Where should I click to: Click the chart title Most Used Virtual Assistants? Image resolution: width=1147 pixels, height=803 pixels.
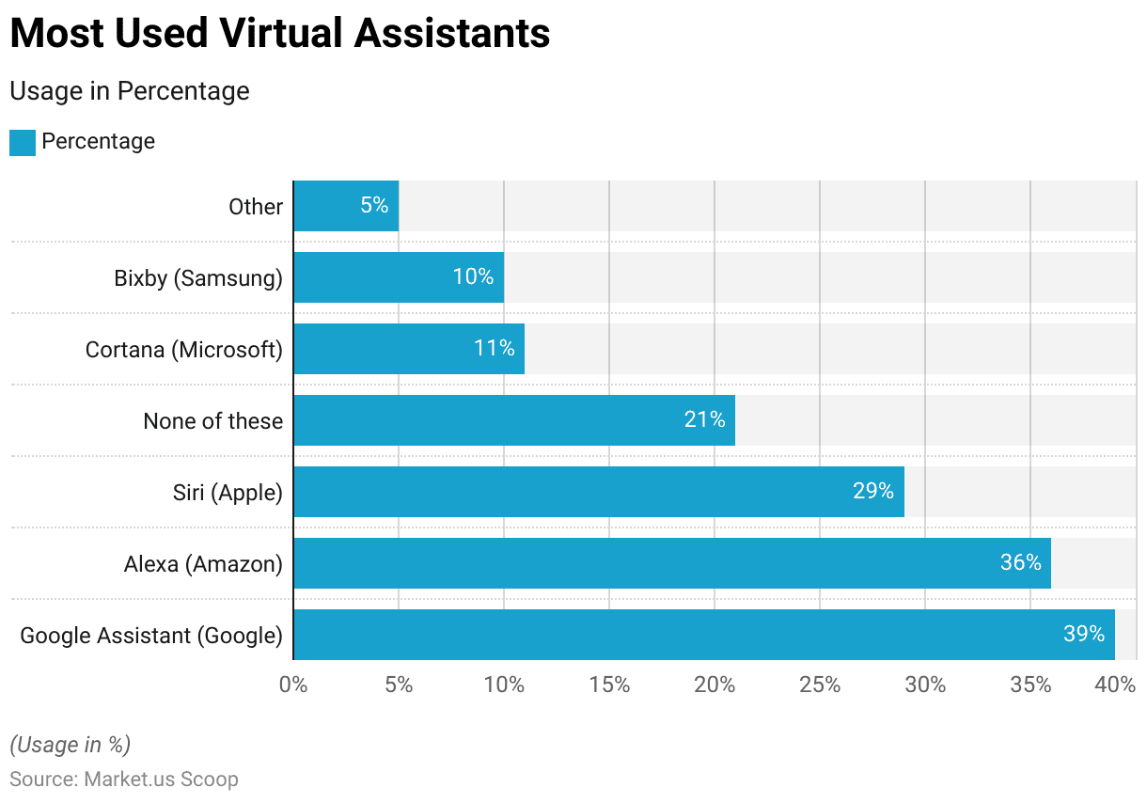(x=279, y=35)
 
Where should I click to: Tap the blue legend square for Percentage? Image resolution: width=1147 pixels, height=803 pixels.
(x=23, y=142)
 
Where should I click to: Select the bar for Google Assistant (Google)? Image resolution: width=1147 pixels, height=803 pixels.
(x=703, y=635)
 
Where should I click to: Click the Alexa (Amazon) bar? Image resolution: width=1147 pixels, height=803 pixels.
(x=671, y=563)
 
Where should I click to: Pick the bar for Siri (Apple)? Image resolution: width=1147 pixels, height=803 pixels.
(x=598, y=492)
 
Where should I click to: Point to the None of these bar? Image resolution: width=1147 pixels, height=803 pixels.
(x=513, y=420)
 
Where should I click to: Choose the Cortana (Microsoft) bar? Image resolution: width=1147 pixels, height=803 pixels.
(x=408, y=349)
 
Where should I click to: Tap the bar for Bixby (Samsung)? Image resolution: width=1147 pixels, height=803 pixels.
(x=398, y=277)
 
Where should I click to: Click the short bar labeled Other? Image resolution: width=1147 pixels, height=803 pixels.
(x=345, y=206)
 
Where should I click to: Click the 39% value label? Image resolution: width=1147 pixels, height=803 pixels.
(x=1083, y=635)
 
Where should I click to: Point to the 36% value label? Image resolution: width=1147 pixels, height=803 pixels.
(x=1020, y=563)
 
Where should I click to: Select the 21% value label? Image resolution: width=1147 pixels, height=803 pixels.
(x=704, y=420)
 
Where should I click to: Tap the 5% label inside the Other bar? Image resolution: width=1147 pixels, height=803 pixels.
(x=373, y=206)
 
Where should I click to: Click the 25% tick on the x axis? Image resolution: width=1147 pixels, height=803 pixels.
(x=820, y=685)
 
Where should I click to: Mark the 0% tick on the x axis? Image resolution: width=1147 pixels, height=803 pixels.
(x=293, y=685)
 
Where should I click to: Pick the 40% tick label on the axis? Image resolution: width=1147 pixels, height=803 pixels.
(x=1115, y=685)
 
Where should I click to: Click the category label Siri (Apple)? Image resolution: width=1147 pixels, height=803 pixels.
(x=228, y=492)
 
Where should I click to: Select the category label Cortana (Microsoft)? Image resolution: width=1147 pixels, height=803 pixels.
(x=183, y=350)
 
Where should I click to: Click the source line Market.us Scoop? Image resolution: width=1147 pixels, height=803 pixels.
(x=124, y=779)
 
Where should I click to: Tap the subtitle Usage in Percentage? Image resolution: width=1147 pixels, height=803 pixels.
(x=130, y=91)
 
